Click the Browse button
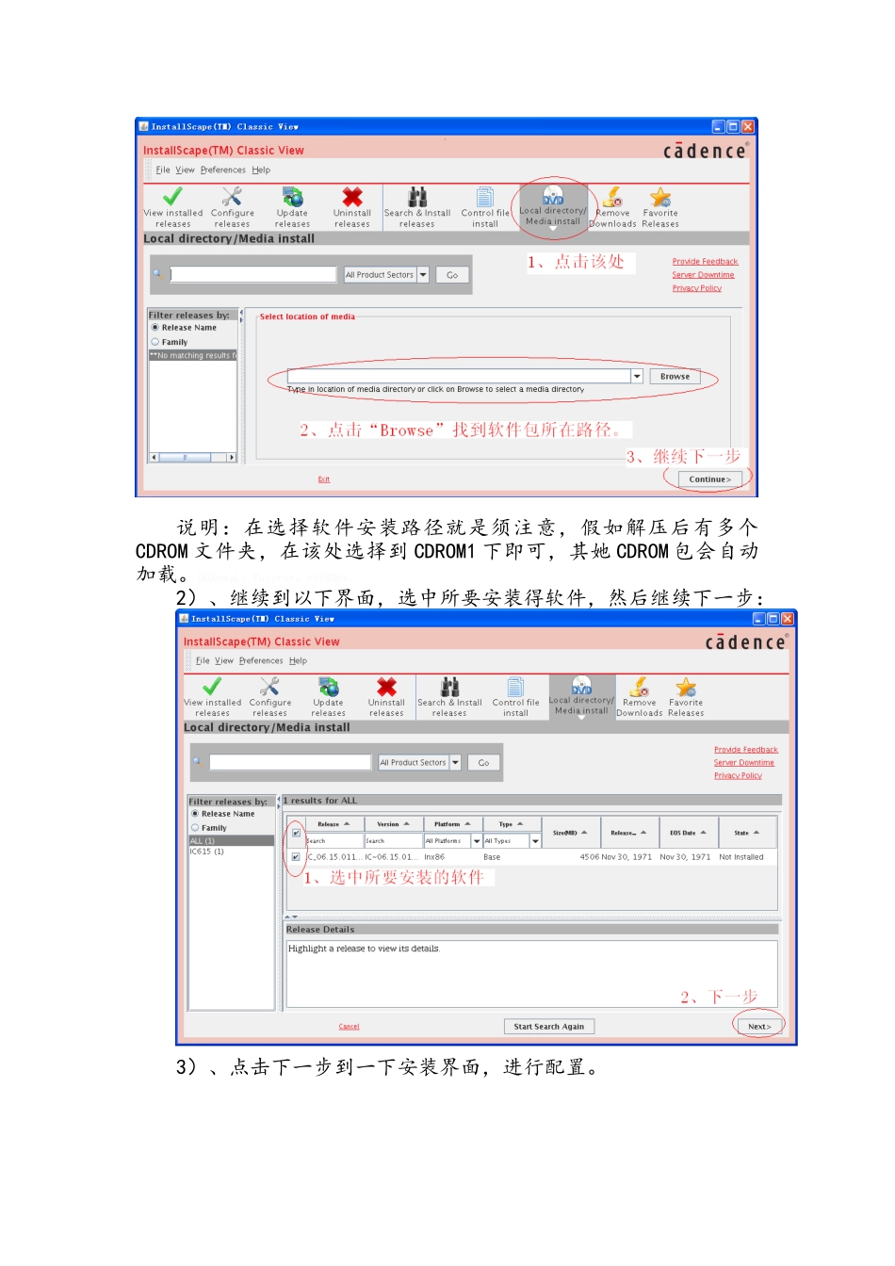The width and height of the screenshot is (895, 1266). coord(675,377)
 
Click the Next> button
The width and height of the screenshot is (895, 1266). coord(759,1027)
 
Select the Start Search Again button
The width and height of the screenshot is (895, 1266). coord(548,1027)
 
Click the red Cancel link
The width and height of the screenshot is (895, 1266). coord(349,1027)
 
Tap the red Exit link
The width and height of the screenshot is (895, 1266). coord(323,479)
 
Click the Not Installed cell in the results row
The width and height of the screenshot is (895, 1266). coord(741,857)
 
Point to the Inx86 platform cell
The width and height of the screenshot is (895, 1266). coord(434,857)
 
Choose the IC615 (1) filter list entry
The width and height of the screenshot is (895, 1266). coord(207,852)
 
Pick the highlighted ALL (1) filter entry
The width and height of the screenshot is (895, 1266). coord(203,840)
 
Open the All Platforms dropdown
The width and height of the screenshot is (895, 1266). coord(477,841)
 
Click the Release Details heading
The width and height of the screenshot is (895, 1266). coord(320,930)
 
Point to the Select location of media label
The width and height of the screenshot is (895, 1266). coord(307,317)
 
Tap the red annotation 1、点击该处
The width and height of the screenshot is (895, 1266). coord(576,262)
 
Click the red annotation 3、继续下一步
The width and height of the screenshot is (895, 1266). coord(684,457)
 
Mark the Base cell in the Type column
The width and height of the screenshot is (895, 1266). coord(492,857)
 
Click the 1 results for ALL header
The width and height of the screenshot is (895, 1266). coord(320,801)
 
